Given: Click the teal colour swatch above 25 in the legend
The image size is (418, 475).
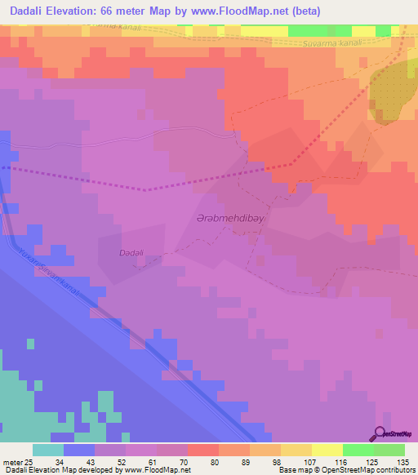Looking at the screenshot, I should point(48,450).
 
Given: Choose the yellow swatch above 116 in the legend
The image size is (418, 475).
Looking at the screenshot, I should point(327,450).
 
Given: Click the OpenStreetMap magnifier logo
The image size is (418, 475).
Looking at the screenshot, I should point(380,434).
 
